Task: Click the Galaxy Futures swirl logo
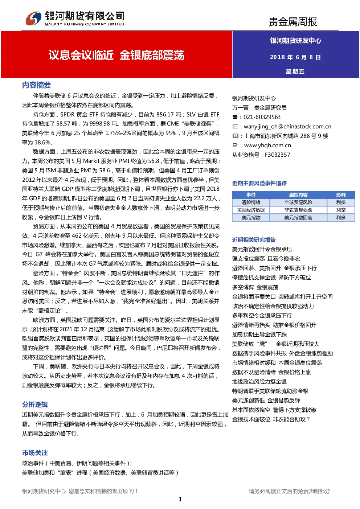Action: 33,18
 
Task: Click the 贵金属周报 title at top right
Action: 292,22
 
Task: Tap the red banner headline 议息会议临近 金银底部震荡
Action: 116,55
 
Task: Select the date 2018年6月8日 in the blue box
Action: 295,57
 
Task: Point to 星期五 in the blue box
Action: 295,71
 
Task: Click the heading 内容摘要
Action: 36,85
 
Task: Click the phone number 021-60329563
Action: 262,117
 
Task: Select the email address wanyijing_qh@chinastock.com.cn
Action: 287,127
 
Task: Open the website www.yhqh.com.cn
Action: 267,145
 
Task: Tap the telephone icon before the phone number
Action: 235,117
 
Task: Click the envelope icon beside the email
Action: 235,126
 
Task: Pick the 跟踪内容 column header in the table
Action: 298,195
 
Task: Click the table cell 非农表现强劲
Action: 298,210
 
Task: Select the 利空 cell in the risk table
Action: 341,210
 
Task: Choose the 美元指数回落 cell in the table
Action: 298,218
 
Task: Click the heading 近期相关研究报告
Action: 254,240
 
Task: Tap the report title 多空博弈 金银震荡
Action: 255,287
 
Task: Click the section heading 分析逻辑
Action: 35,405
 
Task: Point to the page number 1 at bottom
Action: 180,499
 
